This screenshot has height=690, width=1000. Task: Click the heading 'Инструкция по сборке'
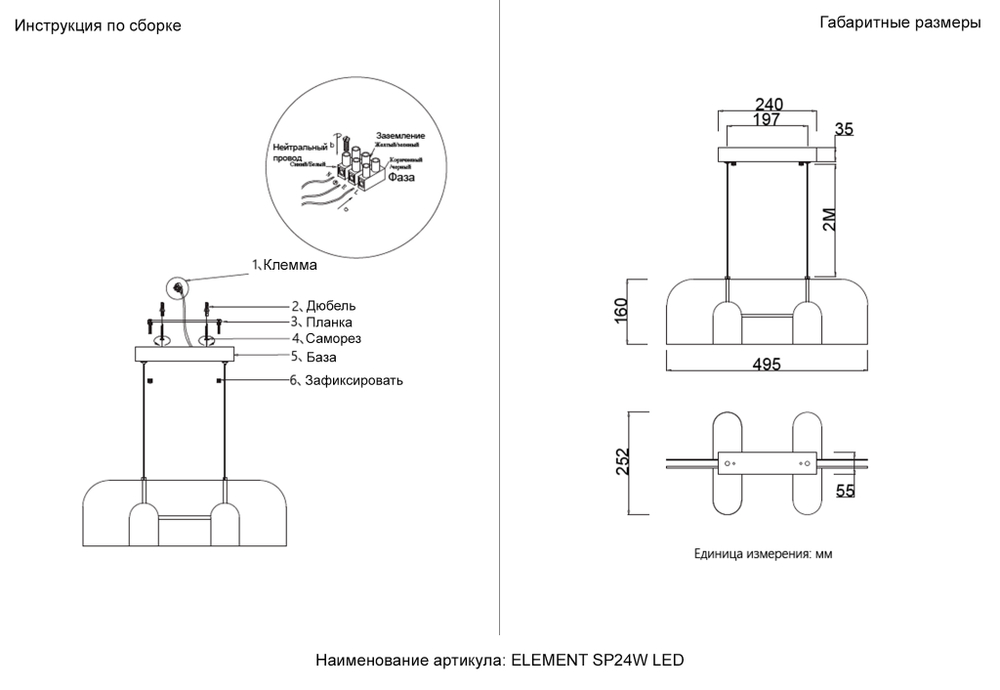click(97, 26)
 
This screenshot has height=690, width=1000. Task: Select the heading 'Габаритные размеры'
click(899, 24)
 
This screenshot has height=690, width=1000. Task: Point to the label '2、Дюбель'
click(323, 306)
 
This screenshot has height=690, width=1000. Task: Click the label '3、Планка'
click(321, 323)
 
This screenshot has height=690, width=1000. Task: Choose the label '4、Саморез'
click(325, 339)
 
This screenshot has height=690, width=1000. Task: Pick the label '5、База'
click(314, 356)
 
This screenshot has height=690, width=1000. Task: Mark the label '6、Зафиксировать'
click(347, 381)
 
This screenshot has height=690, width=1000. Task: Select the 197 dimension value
click(766, 120)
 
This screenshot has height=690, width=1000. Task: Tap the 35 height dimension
click(845, 128)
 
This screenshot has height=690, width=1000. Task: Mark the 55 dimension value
click(845, 490)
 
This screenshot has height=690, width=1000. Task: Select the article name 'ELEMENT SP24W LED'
click(598, 661)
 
